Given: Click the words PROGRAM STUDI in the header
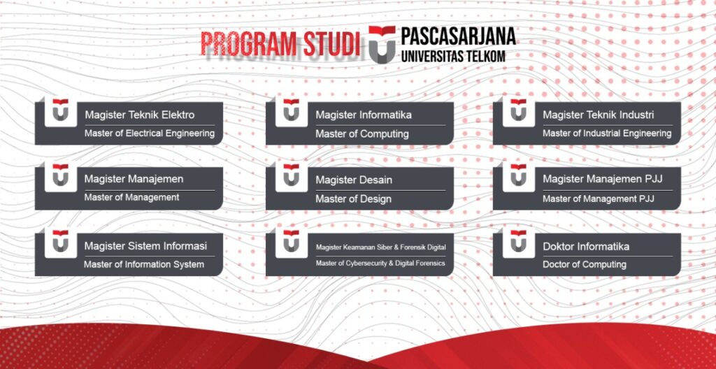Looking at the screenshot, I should click(280, 44).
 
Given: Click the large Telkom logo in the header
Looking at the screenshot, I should click(382, 44).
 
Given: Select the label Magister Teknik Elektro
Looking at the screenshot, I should click(139, 115).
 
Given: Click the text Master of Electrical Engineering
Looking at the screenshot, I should click(149, 133).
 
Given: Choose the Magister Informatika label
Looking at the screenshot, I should click(364, 115).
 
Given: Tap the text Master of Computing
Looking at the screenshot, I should click(361, 133).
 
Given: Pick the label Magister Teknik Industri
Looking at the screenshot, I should click(598, 115).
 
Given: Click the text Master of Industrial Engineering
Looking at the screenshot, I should click(606, 133).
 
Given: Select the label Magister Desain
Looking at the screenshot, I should click(353, 180).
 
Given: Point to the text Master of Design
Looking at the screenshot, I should click(353, 198).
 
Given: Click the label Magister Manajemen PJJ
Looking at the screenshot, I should click(602, 180).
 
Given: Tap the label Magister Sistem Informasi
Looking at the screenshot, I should click(145, 246).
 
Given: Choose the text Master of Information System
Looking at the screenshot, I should click(144, 264).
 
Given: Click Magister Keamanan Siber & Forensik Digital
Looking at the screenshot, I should click(380, 247).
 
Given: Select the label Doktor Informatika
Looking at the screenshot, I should click(586, 246).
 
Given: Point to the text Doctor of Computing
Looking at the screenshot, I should click(584, 264).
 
